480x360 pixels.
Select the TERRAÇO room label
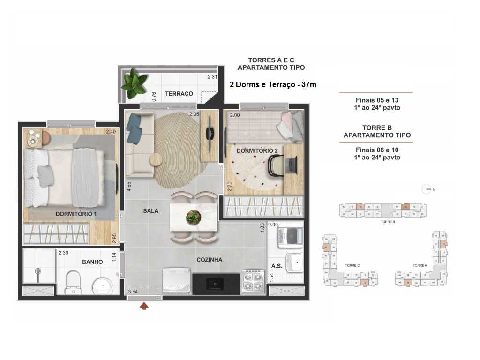coord(179,94)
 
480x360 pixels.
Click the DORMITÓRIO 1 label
coord(76,214)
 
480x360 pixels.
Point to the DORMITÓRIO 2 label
coord(254,150)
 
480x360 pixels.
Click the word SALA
coord(150,211)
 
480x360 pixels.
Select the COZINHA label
coord(209,260)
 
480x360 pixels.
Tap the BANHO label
coord(92,262)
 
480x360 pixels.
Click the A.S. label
coord(276,266)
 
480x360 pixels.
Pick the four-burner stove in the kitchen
coord(253,281)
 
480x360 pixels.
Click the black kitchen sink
coord(216,283)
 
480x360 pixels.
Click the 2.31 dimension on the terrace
coord(213,77)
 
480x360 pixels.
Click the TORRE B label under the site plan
coord(388,221)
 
